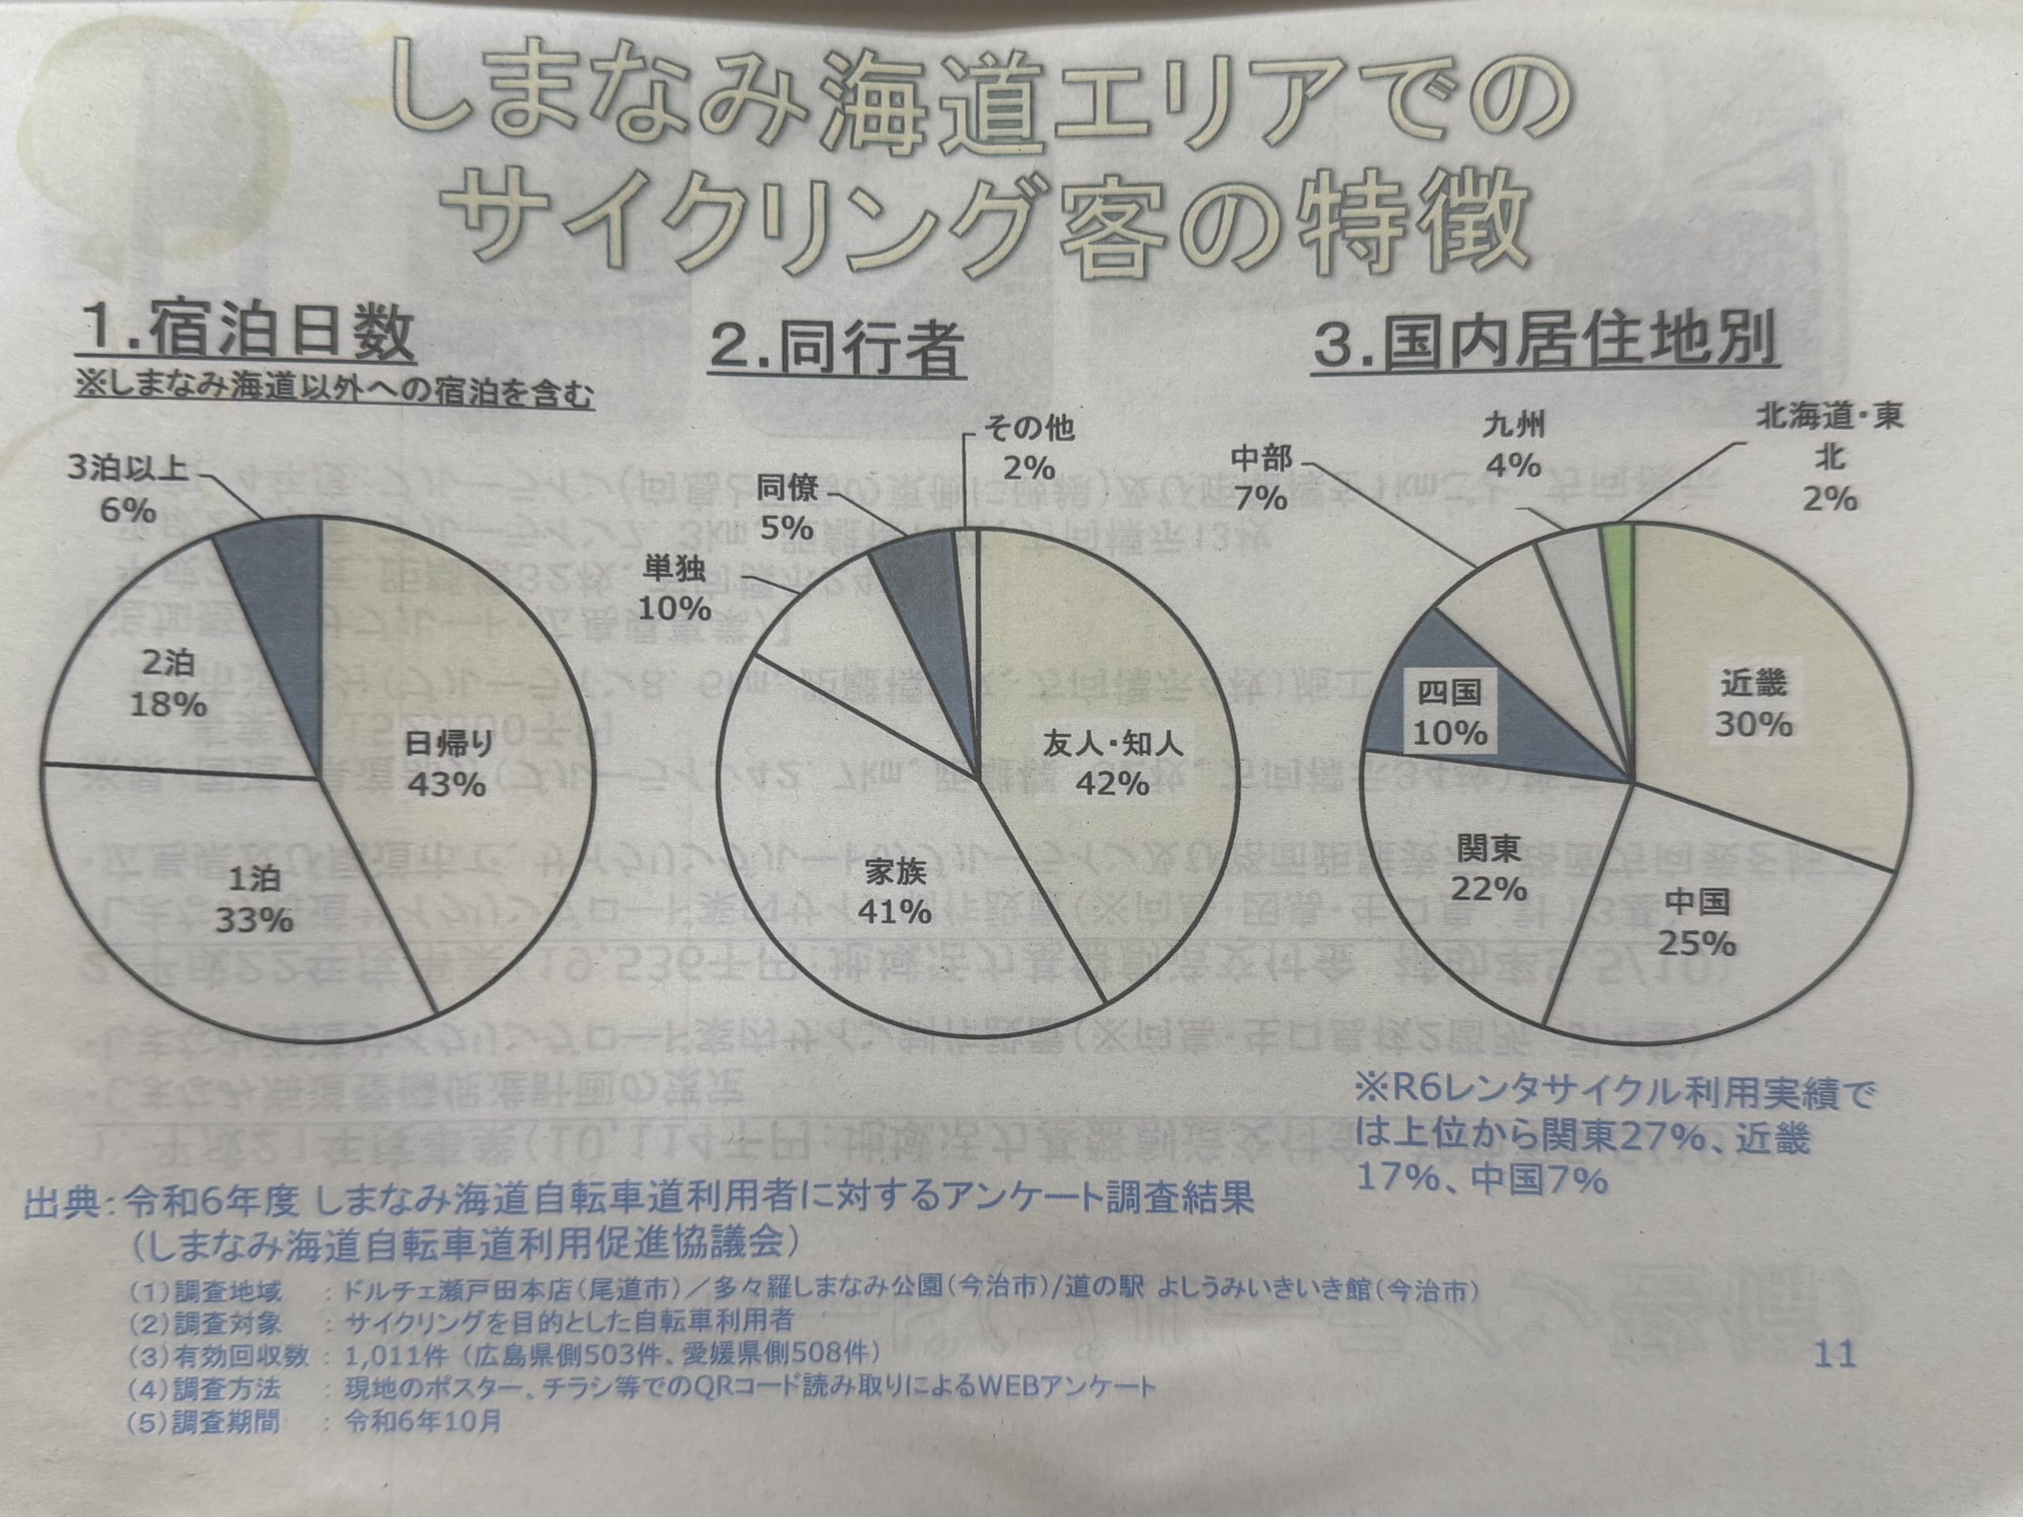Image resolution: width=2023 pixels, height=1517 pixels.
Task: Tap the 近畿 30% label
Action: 1754,704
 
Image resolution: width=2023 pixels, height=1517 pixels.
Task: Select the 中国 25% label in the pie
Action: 1697,922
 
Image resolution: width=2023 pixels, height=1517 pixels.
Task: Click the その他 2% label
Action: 1029,447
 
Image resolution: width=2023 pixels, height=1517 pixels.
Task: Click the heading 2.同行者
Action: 837,349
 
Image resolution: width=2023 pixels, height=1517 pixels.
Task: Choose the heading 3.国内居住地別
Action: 1545,341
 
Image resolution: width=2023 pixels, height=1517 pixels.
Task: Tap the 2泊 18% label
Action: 168,683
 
